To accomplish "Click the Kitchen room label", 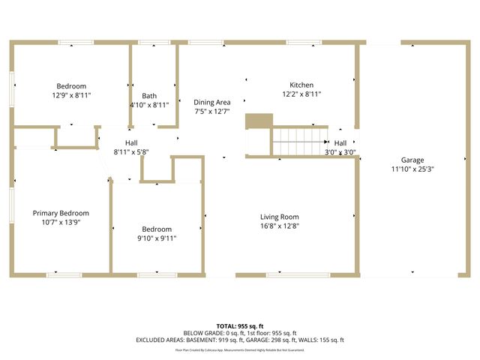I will (301, 85).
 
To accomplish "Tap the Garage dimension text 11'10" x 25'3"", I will (412, 169).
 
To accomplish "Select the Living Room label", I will (280, 217).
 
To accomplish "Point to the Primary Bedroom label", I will (61, 213).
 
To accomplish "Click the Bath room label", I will (149, 95).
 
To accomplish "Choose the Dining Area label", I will (212, 102).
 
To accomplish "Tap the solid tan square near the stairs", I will (259, 121).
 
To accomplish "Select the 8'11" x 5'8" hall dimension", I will (131, 151).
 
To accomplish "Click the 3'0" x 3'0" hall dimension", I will (340, 152).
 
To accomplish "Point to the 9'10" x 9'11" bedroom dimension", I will (157, 238).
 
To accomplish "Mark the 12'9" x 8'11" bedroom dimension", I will (71, 95).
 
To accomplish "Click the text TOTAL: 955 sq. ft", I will (239, 326).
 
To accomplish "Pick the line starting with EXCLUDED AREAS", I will (239, 340).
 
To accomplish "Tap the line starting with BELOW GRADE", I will (239, 333).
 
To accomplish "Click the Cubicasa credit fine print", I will (239, 349).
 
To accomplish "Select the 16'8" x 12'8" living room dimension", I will (280, 226).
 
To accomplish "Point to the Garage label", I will (412, 160).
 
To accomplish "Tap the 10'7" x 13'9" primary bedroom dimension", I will (61, 222).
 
